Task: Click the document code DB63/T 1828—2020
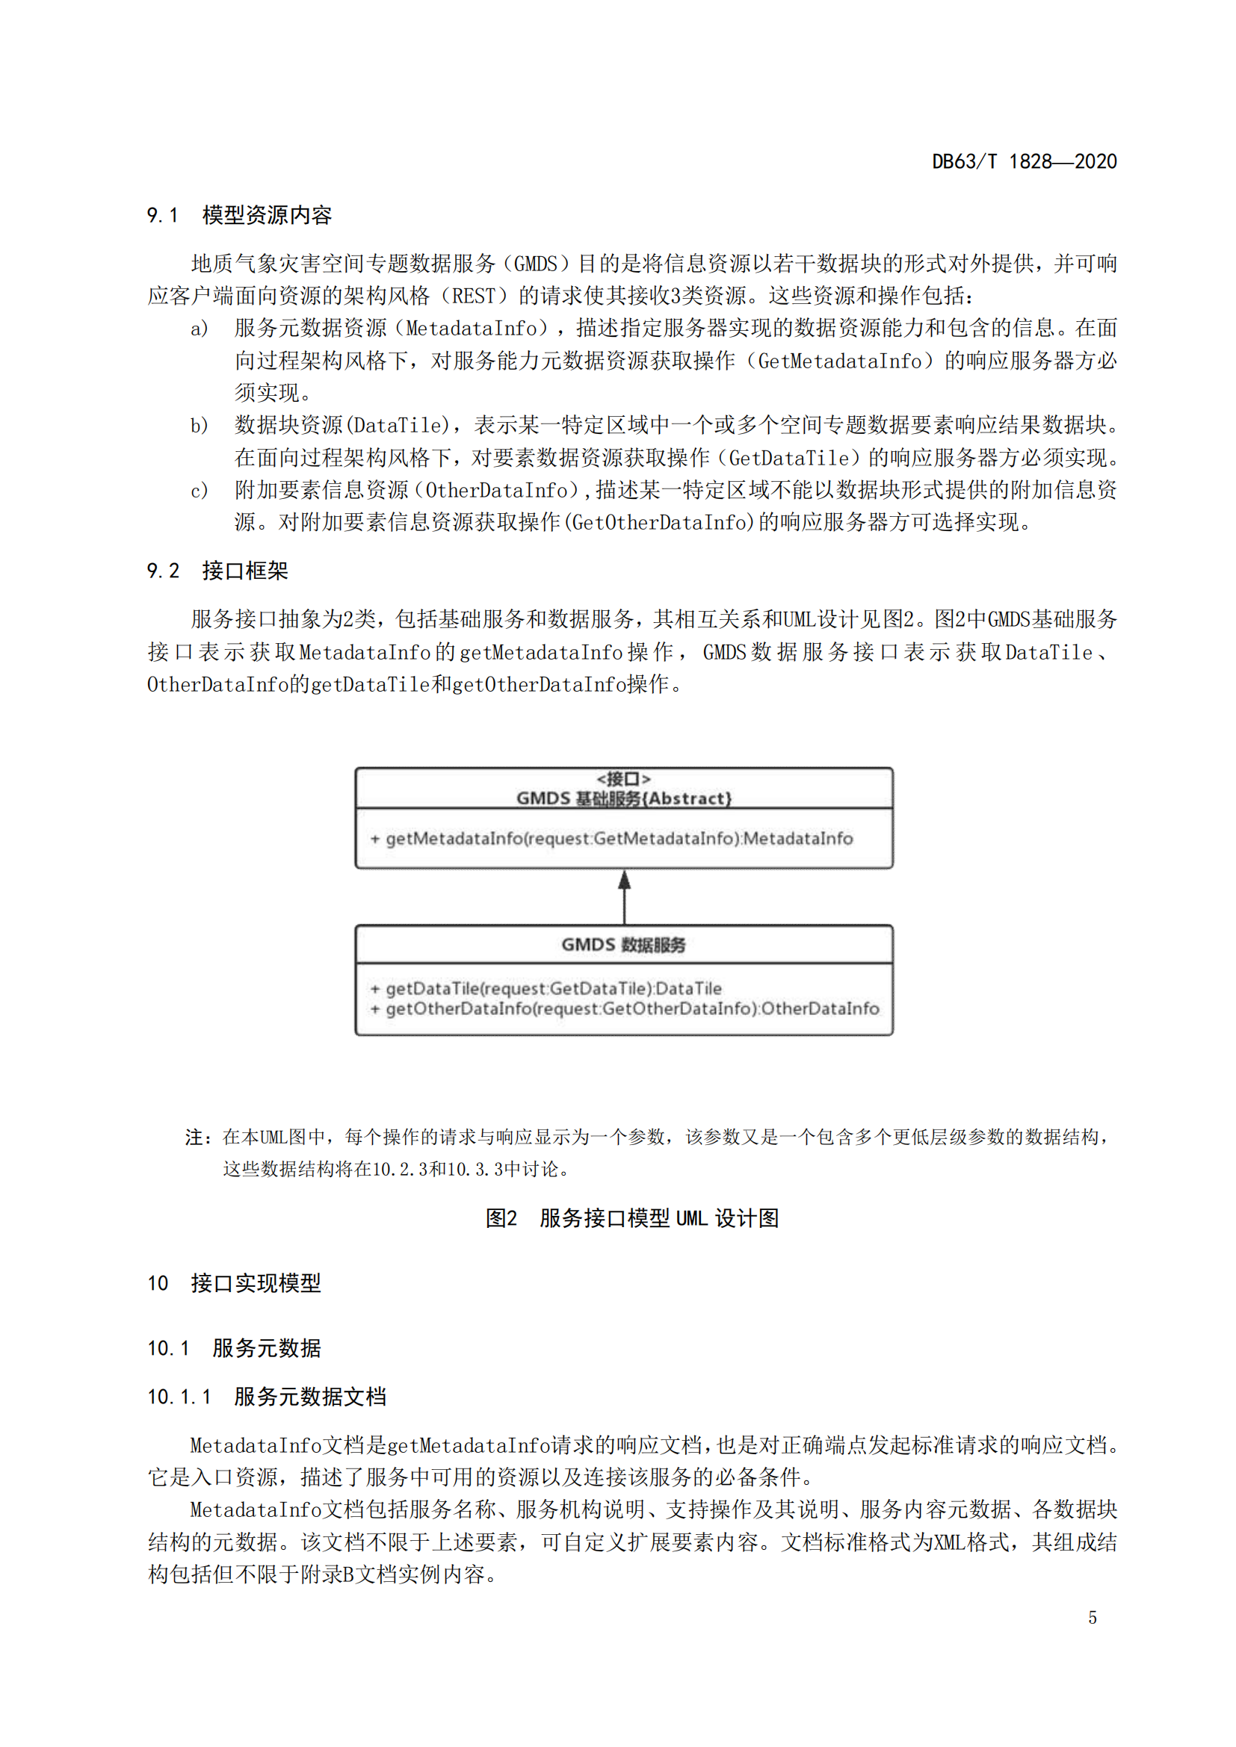tap(1024, 161)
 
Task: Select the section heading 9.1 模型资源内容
tap(239, 215)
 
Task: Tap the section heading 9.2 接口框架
tap(217, 571)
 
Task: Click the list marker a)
tap(200, 329)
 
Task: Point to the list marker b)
tap(200, 425)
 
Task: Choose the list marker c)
tap(200, 491)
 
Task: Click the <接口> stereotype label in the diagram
tap(623, 778)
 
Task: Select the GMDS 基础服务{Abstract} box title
tap(623, 798)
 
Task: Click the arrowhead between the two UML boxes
tap(624, 881)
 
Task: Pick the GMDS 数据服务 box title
tap(623, 944)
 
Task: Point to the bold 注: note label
tap(200, 1138)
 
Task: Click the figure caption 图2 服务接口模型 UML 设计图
tap(631, 1218)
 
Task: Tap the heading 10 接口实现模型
tap(234, 1283)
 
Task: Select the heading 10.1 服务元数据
tap(234, 1348)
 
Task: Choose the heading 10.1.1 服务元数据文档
tap(266, 1396)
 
